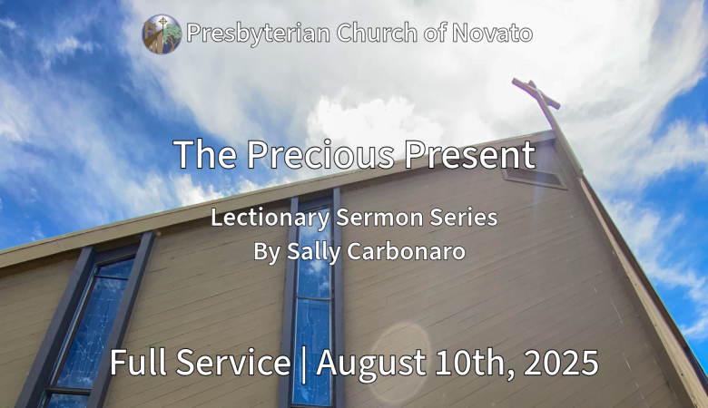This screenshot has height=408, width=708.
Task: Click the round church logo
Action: tap(162, 34)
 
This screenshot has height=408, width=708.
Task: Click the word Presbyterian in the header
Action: tap(259, 34)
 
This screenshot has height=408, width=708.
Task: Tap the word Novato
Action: tap(492, 33)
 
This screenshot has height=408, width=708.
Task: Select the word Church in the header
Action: tap(377, 33)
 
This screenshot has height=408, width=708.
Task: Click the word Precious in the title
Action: tap(320, 154)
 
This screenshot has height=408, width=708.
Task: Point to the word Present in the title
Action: tap(469, 154)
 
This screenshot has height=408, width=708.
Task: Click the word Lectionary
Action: tap(270, 218)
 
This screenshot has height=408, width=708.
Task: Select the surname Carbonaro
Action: tap(406, 251)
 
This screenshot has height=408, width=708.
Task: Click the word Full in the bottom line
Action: tap(138, 362)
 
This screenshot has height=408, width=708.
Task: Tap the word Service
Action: tap(233, 362)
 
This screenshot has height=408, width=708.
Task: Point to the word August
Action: tap(370, 364)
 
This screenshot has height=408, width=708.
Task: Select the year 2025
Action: tap(561, 363)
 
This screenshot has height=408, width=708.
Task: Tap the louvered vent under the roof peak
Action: tap(534, 176)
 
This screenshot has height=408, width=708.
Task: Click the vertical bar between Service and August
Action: tap(303, 364)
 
